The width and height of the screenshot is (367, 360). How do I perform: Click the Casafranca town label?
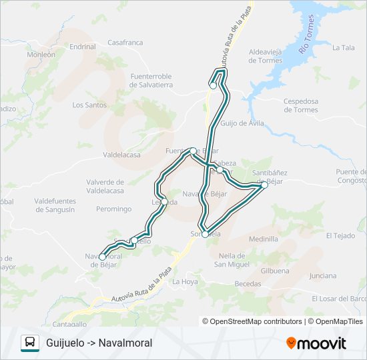[x=125, y=43]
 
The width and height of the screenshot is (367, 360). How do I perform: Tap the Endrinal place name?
[x=83, y=47]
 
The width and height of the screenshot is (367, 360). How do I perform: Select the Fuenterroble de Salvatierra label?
[x=151, y=81]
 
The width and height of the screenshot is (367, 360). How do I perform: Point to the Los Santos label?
[x=89, y=105]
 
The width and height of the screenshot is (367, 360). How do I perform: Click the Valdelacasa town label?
[x=121, y=155]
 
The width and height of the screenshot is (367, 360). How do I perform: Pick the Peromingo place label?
[x=113, y=209]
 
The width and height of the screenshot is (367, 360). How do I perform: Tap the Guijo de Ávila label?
[x=242, y=123]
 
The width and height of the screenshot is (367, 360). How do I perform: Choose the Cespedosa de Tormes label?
[x=301, y=105]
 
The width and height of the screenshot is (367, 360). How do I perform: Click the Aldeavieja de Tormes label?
[x=266, y=56]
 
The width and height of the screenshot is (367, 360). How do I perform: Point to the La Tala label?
[x=343, y=47]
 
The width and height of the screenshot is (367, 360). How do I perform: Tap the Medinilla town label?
[x=263, y=239]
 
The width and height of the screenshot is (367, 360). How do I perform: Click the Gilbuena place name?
[x=275, y=271]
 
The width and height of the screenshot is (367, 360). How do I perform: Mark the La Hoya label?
[x=185, y=281]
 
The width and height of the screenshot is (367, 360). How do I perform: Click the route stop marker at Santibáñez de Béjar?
[x=264, y=185]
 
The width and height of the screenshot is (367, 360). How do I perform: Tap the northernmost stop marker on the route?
[x=213, y=85]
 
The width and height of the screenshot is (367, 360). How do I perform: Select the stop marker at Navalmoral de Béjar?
[x=101, y=255]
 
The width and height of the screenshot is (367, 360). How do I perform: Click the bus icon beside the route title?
[x=30, y=343]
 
